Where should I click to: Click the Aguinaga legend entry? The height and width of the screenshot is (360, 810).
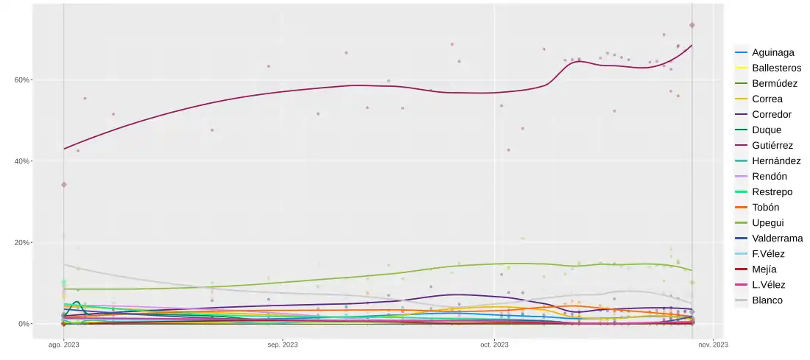(x=772, y=53)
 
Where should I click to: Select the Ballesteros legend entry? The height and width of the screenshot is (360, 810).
(x=777, y=68)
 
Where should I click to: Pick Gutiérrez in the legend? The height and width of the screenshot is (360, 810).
(x=773, y=146)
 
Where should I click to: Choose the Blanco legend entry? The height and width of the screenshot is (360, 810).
(x=767, y=300)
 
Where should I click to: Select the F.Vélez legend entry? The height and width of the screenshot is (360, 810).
(x=769, y=254)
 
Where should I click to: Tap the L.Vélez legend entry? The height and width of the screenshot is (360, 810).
(x=769, y=285)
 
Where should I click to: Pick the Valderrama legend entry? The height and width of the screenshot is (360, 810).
(x=778, y=239)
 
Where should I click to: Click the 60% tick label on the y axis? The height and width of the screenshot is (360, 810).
(x=23, y=80)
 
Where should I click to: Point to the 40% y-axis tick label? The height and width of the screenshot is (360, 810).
(x=23, y=161)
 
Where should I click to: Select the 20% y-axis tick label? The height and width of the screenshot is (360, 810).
(x=23, y=243)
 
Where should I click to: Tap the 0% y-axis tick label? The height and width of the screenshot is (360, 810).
(x=25, y=324)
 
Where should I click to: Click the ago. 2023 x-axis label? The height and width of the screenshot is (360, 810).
(x=64, y=345)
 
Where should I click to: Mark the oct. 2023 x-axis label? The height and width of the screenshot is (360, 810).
(x=494, y=345)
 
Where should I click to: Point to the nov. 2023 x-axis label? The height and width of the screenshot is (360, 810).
(x=712, y=345)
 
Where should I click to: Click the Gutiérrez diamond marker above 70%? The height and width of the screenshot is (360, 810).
(x=692, y=25)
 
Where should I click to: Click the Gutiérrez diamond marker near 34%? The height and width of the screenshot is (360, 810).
(x=64, y=184)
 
